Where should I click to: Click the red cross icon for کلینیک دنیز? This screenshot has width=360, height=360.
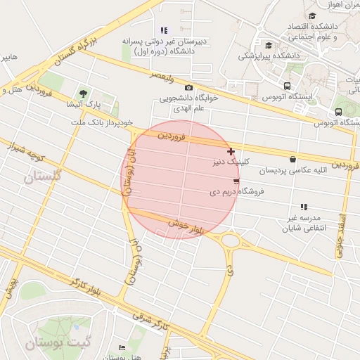click(231, 151)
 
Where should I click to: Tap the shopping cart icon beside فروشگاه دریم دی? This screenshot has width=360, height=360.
click(235, 181)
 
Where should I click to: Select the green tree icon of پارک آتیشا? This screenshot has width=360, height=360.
click(84, 93)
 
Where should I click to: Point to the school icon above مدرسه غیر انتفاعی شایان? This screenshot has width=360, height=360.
click(304, 207)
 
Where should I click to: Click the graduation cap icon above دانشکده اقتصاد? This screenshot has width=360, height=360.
click(312, 15)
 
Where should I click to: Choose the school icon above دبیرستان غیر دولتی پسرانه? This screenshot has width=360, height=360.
click(164, 30)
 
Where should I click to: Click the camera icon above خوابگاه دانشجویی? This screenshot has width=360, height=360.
click(188, 87)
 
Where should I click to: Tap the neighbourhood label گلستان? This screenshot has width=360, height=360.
click(44, 176)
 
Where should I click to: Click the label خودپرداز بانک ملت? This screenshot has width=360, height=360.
click(102, 122)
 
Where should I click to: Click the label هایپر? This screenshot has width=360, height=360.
click(9, 58)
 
